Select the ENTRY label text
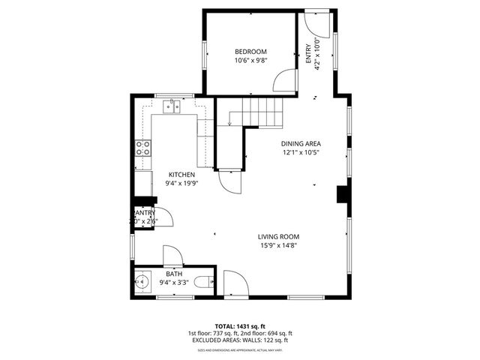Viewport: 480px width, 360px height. [307, 52]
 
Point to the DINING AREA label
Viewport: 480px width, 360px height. [301, 144]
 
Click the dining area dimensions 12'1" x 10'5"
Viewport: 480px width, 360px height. [301, 154]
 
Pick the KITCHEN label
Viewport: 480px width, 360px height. [181, 174]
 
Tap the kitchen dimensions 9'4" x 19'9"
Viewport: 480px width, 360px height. [181, 184]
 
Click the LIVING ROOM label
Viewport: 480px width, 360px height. [278, 236]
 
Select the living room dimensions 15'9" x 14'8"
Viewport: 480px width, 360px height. [278, 246]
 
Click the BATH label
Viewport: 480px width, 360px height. [174, 274]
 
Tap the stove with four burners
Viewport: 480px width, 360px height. [142, 148]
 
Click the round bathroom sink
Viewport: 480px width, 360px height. [143, 283]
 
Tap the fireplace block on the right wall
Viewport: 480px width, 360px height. [343, 194]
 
